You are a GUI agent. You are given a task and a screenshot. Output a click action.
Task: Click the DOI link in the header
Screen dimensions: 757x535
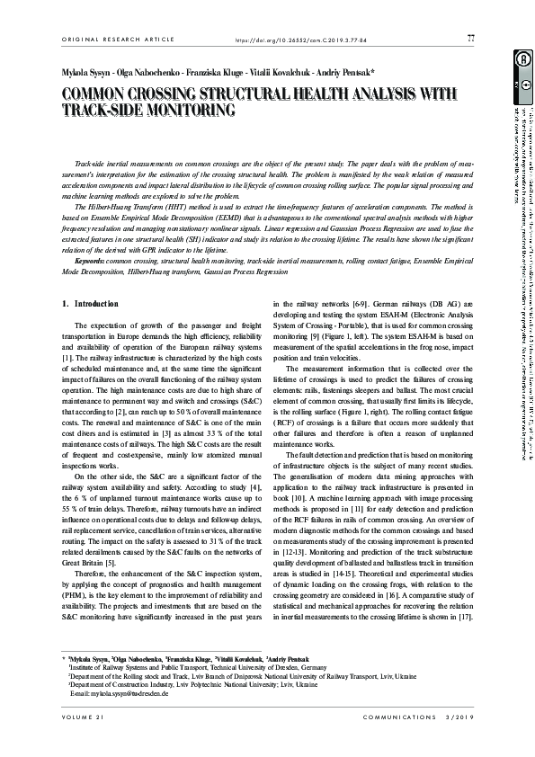pyautogui.click(x=296, y=40)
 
